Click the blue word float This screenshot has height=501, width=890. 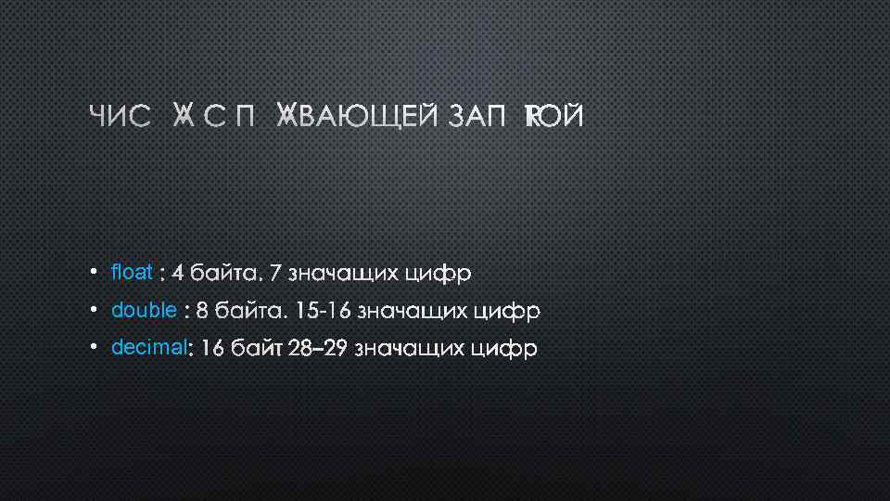pos(131,273)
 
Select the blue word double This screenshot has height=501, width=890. pos(144,310)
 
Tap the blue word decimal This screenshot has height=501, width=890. pos(148,348)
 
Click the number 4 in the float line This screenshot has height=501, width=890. pos(177,274)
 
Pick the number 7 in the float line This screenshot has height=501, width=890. pos(275,274)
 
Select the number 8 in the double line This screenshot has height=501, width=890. pos(202,311)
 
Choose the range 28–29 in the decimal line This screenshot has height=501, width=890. pos(318,349)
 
